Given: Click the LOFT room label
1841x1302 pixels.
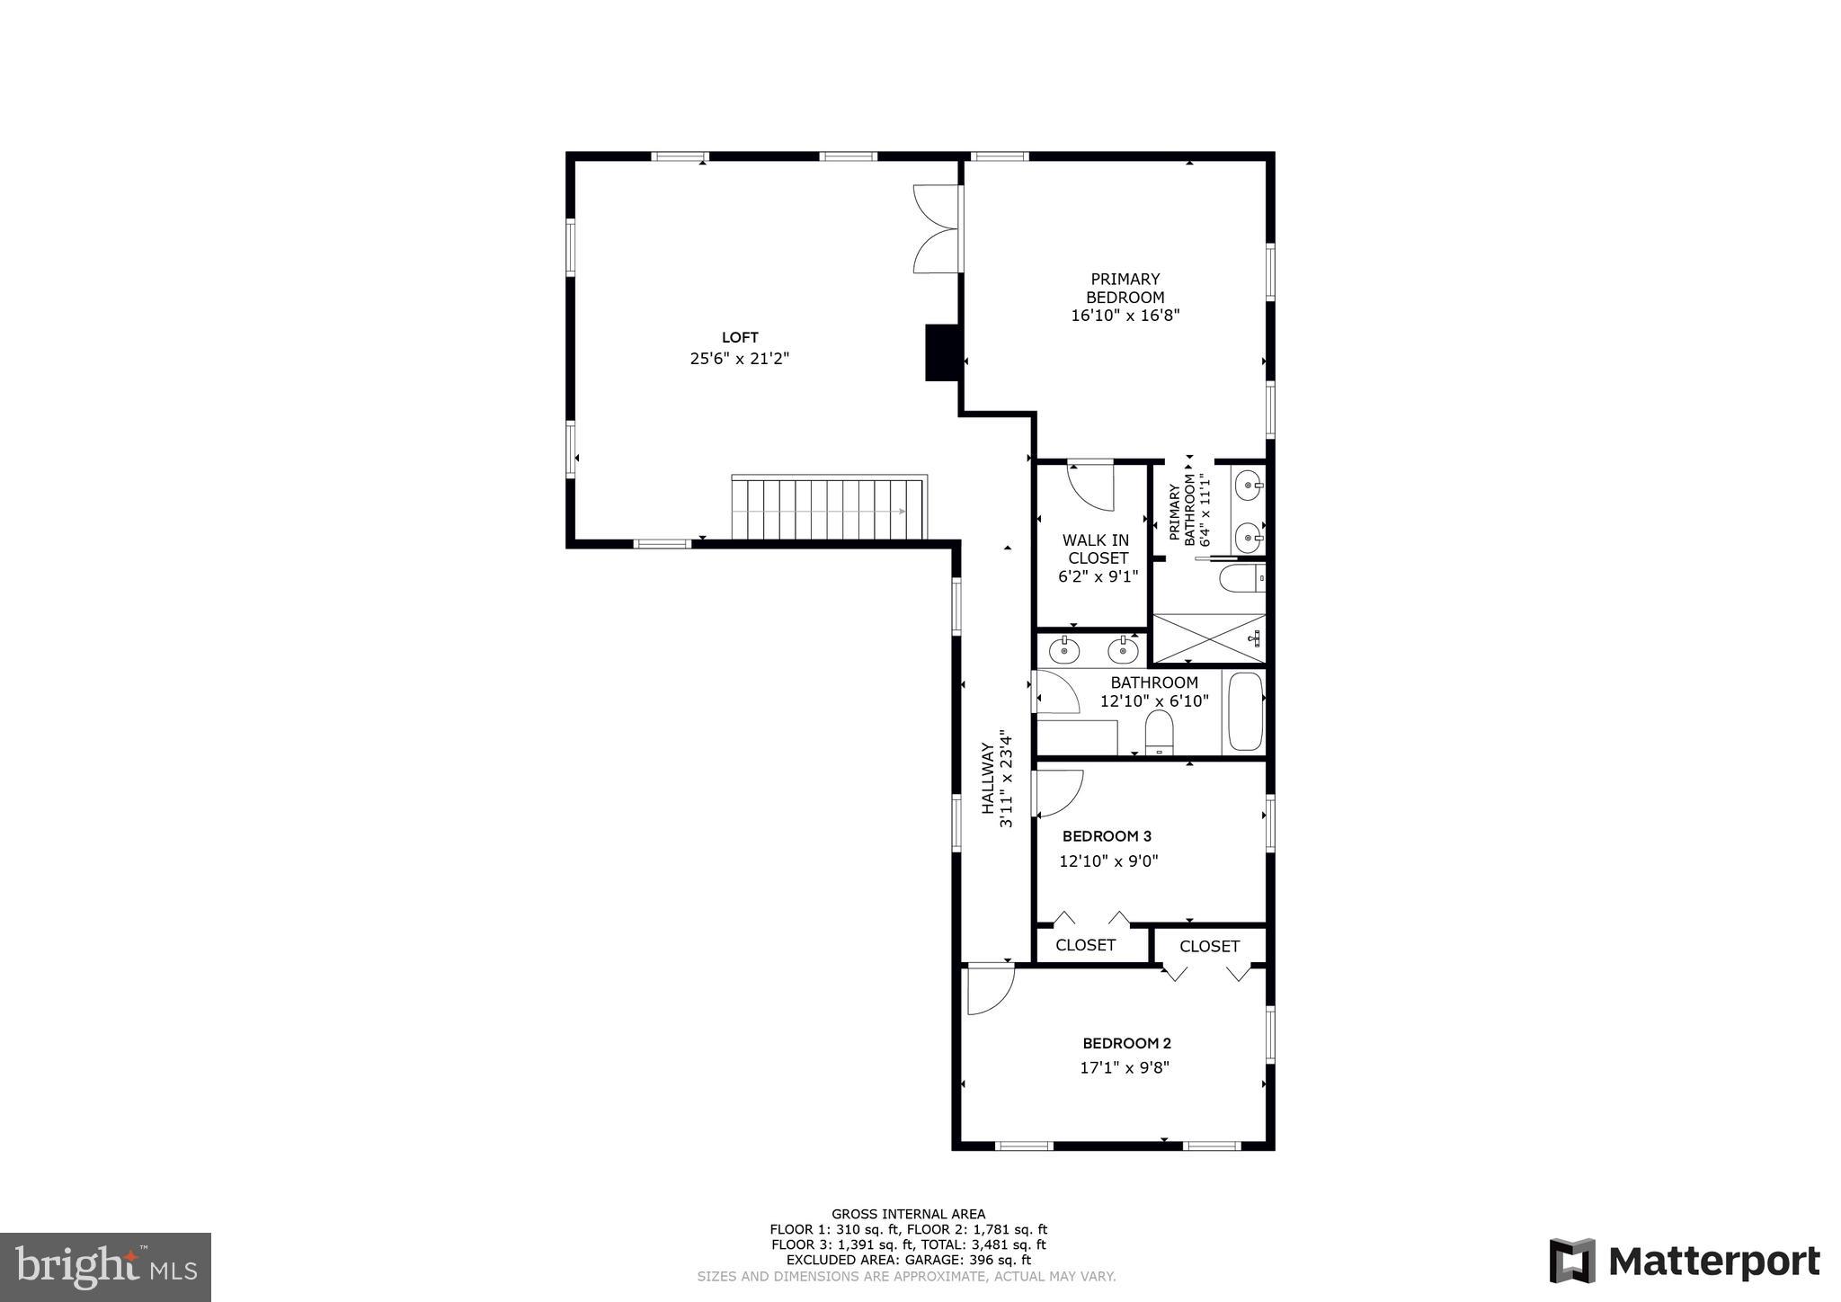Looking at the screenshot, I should tap(740, 337).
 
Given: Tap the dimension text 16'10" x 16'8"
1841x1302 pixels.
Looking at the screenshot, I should tap(1125, 316).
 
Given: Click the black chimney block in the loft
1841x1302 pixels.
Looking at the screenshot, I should tap(941, 352).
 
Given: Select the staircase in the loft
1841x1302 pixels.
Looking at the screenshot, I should tap(828, 509).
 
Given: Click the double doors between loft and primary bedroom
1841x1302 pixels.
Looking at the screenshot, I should tap(937, 228).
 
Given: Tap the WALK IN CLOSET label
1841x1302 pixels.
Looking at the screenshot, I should tap(1097, 548).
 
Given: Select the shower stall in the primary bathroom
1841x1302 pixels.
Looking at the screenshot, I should tap(1208, 638).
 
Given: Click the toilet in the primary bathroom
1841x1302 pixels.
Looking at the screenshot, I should tap(1241, 578).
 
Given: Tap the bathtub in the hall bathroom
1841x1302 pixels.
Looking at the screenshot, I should tap(1245, 711).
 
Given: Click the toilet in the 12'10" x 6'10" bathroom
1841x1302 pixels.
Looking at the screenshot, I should tap(1159, 732).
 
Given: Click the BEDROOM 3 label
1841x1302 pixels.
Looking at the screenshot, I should tap(1107, 836).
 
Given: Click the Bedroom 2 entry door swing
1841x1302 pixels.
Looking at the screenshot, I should tap(990, 989).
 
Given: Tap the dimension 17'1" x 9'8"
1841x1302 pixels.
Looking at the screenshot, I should tap(1125, 1067).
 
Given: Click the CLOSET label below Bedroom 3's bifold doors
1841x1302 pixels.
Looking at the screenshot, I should tap(1085, 945).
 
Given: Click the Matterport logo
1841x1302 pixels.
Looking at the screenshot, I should tap(1683, 1261).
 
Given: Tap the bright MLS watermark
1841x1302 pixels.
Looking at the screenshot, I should tap(105, 1267).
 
